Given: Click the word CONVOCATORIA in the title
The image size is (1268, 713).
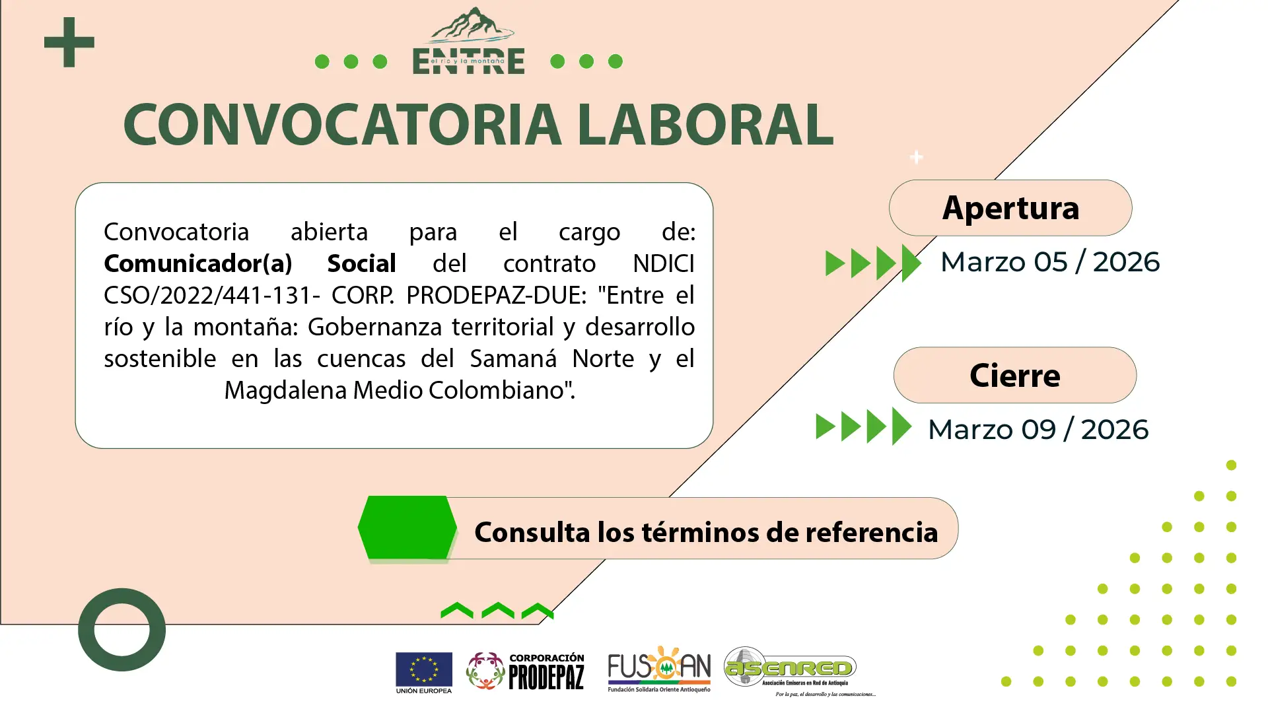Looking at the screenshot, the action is (x=342, y=124).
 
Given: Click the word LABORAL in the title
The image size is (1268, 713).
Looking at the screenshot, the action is (x=705, y=124).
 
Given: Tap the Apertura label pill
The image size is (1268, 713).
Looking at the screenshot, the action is (x=1010, y=208).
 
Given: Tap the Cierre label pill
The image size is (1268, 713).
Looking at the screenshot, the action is (x=1015, y=375).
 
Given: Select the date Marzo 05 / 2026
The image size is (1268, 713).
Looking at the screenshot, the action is (x=1050, y=262).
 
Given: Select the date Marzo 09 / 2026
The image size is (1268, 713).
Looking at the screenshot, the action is (x=1038, y=430).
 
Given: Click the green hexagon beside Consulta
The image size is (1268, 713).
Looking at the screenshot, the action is (x=407, y=527).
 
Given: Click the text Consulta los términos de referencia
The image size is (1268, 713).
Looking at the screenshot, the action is (x=706, y=532).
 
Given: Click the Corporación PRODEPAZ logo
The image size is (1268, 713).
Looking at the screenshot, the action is (x=525, y=671).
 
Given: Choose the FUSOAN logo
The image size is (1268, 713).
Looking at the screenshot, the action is (x=659, y=669).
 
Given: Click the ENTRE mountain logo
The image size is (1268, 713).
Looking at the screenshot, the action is (x=469, y=41).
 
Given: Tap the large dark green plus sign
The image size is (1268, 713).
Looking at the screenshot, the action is (x=69, y=42).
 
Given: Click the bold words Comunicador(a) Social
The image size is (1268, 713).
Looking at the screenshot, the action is (x=250, y=263).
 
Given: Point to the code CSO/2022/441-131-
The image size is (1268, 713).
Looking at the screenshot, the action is (x=212, y=295).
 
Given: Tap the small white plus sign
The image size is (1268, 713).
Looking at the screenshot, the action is (x=916, y=157).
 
